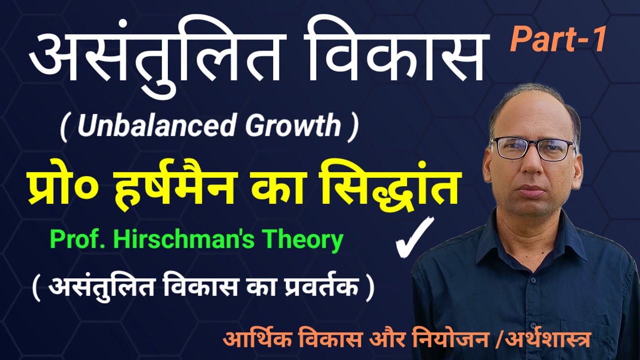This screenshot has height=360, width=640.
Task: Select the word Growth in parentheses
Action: click(x=293, y=126)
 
